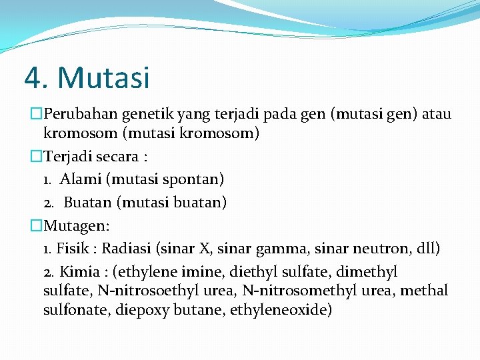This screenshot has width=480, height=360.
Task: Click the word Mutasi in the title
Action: [104, 78]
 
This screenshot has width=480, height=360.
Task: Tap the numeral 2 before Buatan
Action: [47, 202]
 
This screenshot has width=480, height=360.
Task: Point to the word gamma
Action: [299, 249]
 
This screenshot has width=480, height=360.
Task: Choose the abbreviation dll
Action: [425, 249]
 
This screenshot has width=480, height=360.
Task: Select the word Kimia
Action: [80, 272]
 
